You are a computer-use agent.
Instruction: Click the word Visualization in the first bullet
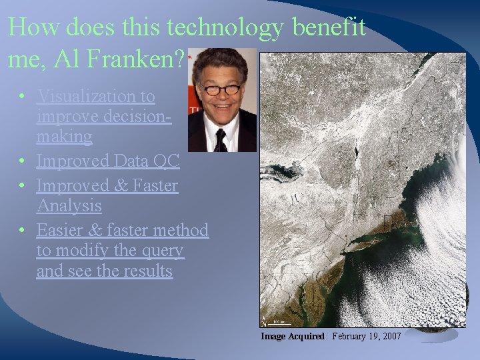pyautogui.click(x=96, y=97)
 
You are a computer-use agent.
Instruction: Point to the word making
pyautogui.click(x=65, y=137)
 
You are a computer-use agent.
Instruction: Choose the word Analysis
pyautogui.click(x=69, y=205)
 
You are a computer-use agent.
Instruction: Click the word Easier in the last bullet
pyautogui.click(x=61, y=230)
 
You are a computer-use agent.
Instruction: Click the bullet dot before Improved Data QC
pyautogui.click(x=23, y=161)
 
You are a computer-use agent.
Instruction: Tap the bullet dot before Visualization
pyautogui.click(x=23, y=97)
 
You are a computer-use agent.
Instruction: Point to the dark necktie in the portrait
pyautogui.click(x=220, y=139)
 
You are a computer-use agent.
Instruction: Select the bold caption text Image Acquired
pyautogui.click(x=293, y=337)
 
